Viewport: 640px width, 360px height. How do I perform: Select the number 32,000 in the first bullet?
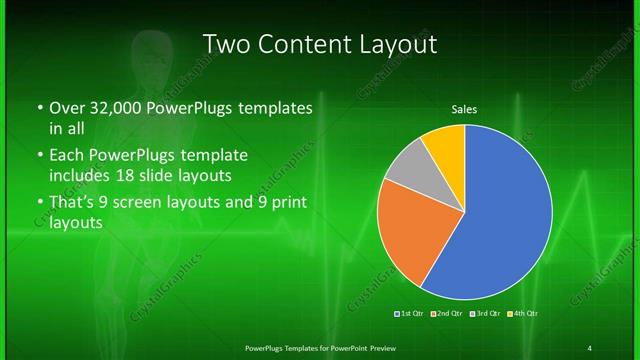(x=111, y=107)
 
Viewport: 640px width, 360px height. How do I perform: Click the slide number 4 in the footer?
(x=590, y=347)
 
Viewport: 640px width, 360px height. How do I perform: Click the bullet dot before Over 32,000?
(x=39, y=107)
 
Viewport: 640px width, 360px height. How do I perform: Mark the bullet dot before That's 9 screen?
(x=39, y=204)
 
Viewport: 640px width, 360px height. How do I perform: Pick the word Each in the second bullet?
(x=66, y=156)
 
